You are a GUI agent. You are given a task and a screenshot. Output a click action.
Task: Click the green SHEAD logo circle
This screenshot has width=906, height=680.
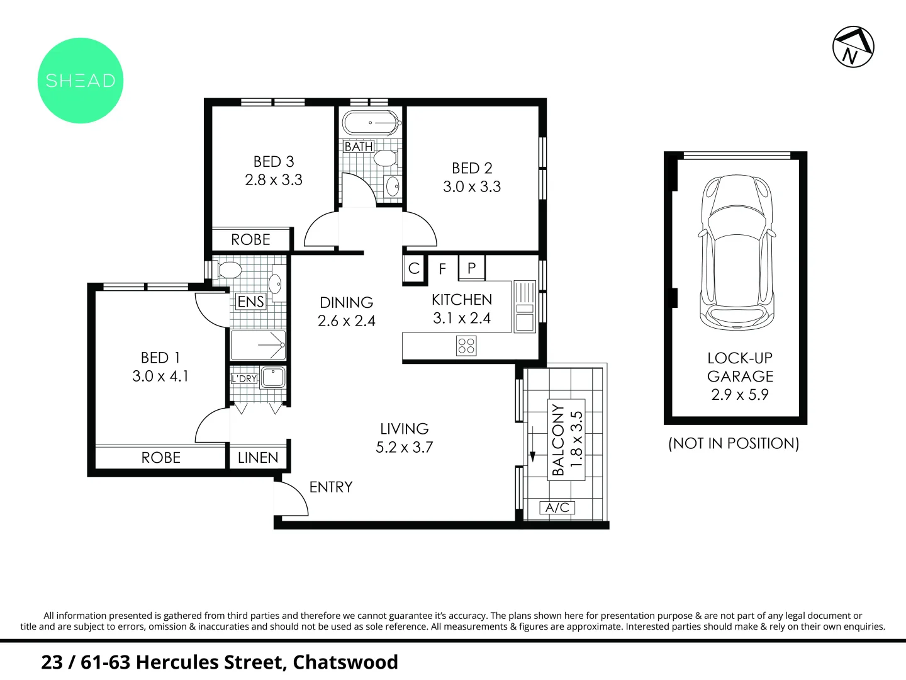[x=80, y=81]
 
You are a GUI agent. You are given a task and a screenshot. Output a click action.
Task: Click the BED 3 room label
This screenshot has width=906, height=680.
[x=274, y=161]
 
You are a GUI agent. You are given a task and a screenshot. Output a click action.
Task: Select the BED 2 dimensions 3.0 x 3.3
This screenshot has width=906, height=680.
[x=472, y=186]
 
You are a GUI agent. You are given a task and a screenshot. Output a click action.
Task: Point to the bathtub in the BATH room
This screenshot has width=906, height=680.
[x=372, y=123]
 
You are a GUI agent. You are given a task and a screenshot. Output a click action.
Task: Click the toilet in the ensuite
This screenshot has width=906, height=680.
[x=228, y=271]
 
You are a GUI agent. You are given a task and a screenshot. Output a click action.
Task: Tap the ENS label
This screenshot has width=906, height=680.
[x=250, y=302]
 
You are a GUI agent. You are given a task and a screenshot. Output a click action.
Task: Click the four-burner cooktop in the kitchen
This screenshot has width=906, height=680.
[x=466, y=346]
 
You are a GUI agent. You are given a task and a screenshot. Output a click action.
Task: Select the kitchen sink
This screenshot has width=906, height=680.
[x=525, y=307]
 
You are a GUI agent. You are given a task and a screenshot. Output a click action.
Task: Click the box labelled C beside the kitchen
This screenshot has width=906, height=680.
[x=414, y=268]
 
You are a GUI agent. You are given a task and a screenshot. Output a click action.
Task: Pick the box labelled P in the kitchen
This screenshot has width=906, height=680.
[x=472, y=268]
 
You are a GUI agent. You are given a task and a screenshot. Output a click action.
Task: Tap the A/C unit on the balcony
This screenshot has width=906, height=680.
[x=557, y=507]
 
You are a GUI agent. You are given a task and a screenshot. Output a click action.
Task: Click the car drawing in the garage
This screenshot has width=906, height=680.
[x=737, y=252]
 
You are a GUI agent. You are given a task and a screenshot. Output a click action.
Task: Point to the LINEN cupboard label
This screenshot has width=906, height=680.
[x=258, y=458]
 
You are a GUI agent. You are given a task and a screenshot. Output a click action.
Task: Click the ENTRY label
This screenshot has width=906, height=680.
[x=331, y=487]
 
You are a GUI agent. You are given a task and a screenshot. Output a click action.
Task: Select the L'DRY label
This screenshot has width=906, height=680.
[x=244, y=378]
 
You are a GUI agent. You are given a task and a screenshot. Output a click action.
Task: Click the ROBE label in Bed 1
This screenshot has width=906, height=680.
[x=161, y=458]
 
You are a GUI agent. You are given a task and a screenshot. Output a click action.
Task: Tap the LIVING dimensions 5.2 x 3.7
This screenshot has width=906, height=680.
[x=404, y=447]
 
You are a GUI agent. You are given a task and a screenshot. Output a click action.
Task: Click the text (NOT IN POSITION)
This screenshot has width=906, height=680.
[x=734, y=443]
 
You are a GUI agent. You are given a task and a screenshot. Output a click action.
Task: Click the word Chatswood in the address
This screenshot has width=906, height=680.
[x=345, y=662]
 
